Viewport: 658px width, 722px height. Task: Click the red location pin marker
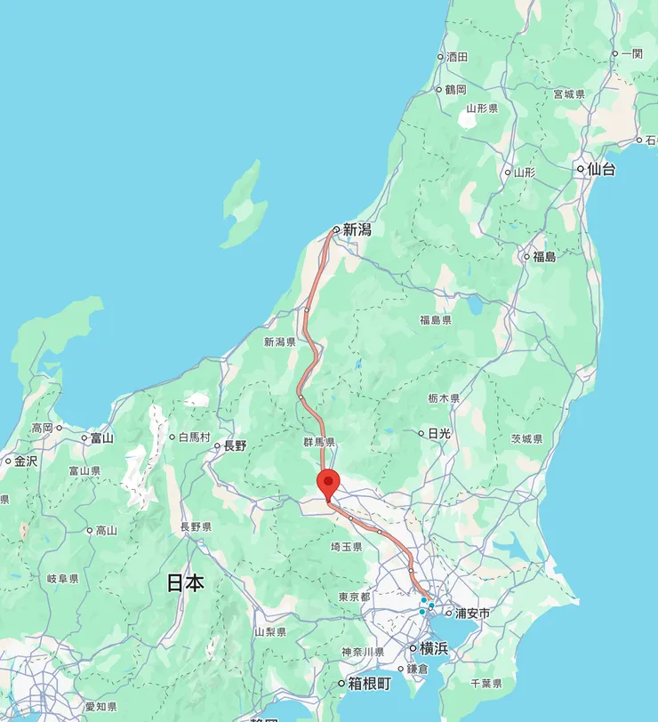pyautogui.click(x=329, y=485)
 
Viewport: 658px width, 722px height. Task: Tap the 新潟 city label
pyautogui.click(x=357, y=229)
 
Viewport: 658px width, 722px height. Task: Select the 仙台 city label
pyautogui.click(x=601, y=169)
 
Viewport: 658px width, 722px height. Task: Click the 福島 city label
pyautogui.click(x=544, y=257)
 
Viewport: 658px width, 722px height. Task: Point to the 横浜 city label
pyautogui.click(x=433, y=648)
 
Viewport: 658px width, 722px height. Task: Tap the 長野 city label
pyautogui.click(x=235, y=445)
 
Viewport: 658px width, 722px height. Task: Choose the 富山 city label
pyautogui.click(x=101, y=437)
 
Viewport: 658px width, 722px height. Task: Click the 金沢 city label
pyautogui.click(x=25, y=461)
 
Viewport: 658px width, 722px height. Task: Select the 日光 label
pyautogui.click(x=439, y=433)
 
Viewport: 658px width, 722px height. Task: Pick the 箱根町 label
pyautogui.click(x=369, y=684)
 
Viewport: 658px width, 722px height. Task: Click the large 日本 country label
pyautogui.click(x=186, y=583)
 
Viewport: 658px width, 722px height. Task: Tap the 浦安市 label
pyautogui.click(x=472, y=613)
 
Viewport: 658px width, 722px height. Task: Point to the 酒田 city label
pyautogui.click(x=457, y=57)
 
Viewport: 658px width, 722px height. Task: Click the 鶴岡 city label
pyautogui.click(x=455, y=90)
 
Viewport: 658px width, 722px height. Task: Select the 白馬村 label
pyautogui.click(x=194, y=437)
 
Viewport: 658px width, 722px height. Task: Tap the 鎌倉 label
pyautogui.click(x=418, y=669)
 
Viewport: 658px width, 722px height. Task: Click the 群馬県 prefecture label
pyautogui.click(x=317, y=442)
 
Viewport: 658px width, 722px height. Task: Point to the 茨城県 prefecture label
pyautogui.click(x=526, y=439)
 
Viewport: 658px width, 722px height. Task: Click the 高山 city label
pyautogui.click(x=106, y=531)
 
